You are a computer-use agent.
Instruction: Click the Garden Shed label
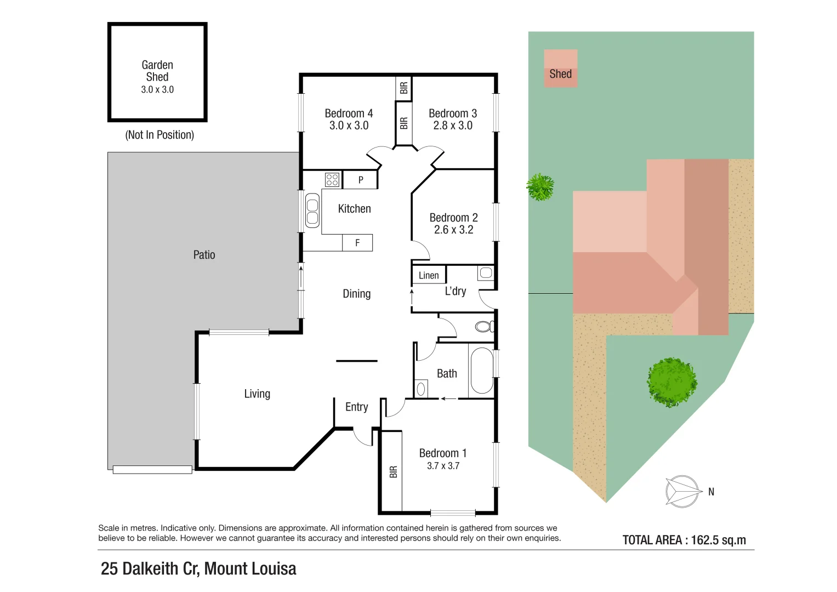[157, 71]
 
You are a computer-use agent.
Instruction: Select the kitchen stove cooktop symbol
[332, 179]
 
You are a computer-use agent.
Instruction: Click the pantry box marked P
[360, 180]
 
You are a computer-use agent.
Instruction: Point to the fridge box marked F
[357, 243]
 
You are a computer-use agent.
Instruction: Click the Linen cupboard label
[429, 275]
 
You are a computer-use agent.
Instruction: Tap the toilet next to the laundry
[484, 327]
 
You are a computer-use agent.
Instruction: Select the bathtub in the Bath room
[482, 371]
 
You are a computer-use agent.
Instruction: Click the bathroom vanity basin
[421, 389]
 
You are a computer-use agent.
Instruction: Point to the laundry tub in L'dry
[486, 273]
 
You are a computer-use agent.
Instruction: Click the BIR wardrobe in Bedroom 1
[392, 471]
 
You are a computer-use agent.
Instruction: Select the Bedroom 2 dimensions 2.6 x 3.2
[453, 230]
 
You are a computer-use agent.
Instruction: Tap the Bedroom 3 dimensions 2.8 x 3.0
[453, 126]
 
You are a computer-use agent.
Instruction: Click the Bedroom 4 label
[349, 113]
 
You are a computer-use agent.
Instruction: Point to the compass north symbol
[682, 491]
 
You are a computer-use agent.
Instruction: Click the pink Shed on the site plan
[560, 69]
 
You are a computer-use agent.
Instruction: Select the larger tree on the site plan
[671, 382]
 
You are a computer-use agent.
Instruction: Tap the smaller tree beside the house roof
[540, 187]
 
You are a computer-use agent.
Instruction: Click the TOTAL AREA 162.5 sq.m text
[684, 540]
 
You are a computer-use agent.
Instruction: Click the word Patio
[204, 255]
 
